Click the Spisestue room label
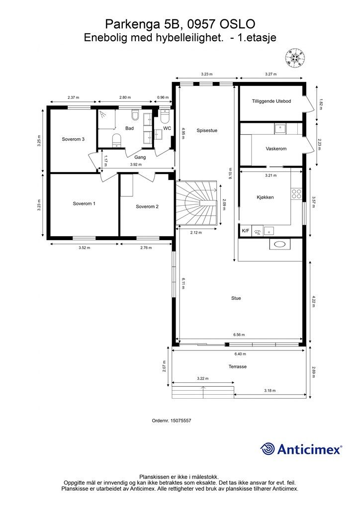click(207, 131)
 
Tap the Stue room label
click(236, 298)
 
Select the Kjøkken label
click(265, 197)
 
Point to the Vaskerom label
click(276, 149)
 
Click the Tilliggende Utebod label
click(271, 101)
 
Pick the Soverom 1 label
click(84, 204)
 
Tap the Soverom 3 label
click(73, 139)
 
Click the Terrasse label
click(238, 367)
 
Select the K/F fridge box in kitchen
click(245, 231)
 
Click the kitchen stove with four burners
click(297, 193)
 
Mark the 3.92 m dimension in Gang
click(135, 165)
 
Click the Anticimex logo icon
click(268, 449)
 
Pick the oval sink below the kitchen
click(278, 245)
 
